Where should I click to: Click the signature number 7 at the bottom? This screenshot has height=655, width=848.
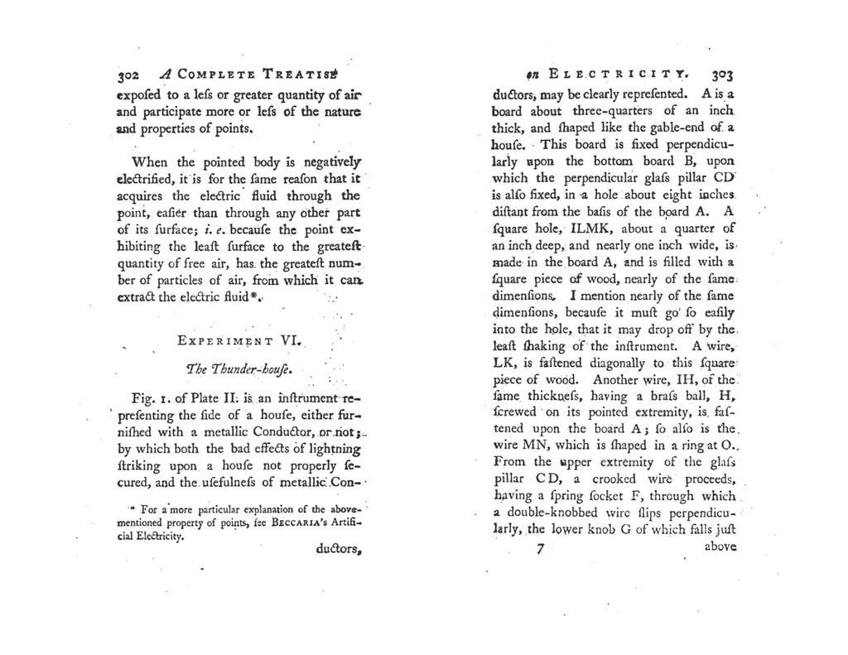click(540, 548)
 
